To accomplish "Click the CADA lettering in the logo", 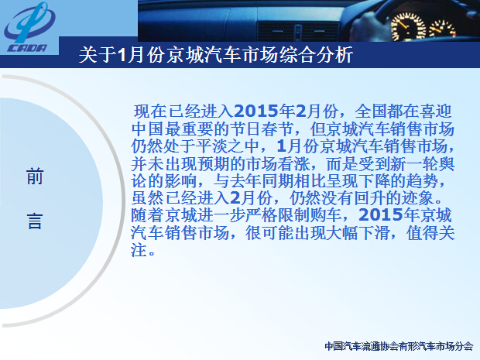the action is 27,48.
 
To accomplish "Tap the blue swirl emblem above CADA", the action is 29,22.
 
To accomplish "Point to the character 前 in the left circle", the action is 35,177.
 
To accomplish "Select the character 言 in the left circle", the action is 35,221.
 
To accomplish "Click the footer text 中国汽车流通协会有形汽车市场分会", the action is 399,346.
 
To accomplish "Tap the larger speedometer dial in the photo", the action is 408,27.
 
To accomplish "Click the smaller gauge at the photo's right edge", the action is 442,29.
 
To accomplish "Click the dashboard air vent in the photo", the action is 298,32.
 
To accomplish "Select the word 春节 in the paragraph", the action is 277,129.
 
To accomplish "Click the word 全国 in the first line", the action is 371,111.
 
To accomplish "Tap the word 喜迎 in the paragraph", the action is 436,111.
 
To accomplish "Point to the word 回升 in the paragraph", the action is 370,198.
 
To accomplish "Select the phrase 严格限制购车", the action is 293,215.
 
